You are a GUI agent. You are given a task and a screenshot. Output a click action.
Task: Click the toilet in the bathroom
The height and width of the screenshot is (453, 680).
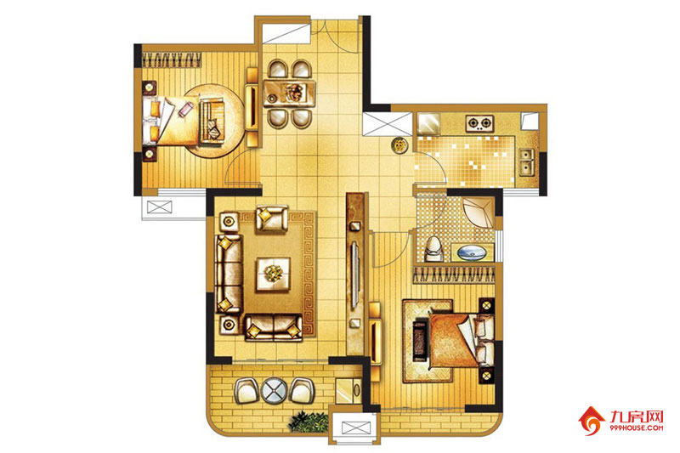pyautogui.click(x=433, y=249)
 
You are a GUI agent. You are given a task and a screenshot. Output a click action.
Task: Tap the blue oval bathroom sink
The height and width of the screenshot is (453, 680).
pyautogui.click(x=472, y=252)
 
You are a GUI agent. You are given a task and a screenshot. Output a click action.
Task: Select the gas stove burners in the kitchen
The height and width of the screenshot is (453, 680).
pyautogui.click(x=479, y=123)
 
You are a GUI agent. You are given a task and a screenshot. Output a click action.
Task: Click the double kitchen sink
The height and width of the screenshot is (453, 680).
pyautogui.click(x=527, y=161)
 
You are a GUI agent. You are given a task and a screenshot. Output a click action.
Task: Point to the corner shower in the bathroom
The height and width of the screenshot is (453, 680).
pyautogui.click(x=479, y=213)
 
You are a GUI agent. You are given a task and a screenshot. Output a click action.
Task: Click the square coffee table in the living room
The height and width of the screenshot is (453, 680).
pyautogui.click(x=273, y=274)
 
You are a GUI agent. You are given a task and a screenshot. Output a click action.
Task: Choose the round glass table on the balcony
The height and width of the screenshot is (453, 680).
pyautogui.click(x=274, y=390)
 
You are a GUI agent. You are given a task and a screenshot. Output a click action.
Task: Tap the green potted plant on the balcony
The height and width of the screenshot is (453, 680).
pyautogui.click(x=309, y=422)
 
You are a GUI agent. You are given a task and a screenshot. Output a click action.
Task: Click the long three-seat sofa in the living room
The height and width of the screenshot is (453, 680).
pyautogui.click(x=229, y=274)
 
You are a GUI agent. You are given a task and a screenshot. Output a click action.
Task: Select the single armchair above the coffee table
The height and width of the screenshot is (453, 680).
pyautogui.click(x=272, y=218)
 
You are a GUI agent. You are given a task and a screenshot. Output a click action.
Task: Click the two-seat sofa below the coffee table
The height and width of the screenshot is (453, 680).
pyautogui.click(x=274, y=327)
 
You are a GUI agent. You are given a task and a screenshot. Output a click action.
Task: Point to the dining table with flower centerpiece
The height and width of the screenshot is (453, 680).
pyautogui.click(x=290, y=93)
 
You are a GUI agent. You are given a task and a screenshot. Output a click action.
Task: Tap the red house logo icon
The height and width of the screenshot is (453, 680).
pyautogui.click(x=592, y=421)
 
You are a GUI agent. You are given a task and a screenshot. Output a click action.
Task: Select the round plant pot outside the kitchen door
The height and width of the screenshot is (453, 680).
pyautogui.click(x=399, y=145)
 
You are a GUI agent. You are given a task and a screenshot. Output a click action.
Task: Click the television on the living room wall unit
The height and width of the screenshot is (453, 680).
pyautogui.click(x=354, y=275)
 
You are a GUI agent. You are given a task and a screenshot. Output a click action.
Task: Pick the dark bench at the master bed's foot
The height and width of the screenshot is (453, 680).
pyautogui.click(x=420, y=340)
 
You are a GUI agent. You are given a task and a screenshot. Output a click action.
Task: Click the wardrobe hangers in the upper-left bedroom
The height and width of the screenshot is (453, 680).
pyautogui.click(x=172, y=59)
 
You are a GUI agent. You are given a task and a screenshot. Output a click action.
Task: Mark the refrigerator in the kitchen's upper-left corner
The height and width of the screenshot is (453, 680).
pyautogui.click(x=428, y=123)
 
